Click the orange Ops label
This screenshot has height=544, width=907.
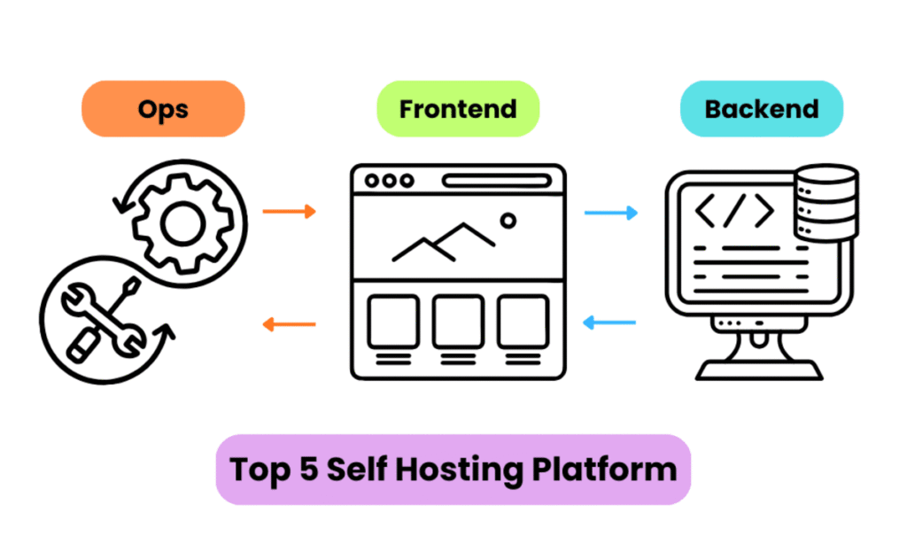pos(163,109)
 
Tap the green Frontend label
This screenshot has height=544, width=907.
pos(457,109)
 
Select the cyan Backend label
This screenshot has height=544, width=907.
pos(761,109)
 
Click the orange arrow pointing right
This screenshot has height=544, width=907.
pos(290,212)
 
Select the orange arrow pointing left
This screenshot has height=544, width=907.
pos(290,324)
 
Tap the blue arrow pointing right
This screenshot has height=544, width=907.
pos(611,213)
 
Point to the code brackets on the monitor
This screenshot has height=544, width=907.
pos(734,213)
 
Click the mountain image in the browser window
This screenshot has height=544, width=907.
pos(443,241)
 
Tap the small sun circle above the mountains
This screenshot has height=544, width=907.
pos(508,220)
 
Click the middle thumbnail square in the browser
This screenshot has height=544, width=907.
pos(458,321)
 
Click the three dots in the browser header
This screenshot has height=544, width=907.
pos(388,181)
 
